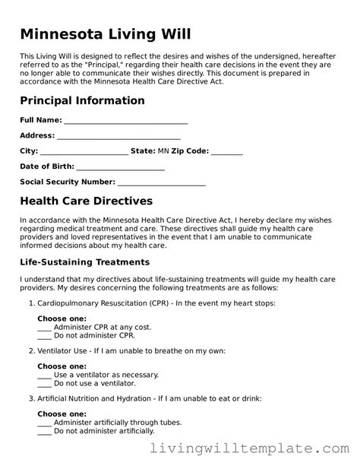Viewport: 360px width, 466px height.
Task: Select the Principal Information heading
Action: (x=82, y=100)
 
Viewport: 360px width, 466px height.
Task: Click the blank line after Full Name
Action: (x=126, y=121)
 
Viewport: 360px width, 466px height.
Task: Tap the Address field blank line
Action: (x=118, y=136)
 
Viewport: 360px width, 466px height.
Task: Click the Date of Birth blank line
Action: (x=121, y=166)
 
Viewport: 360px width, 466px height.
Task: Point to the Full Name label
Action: (x=40, y=121)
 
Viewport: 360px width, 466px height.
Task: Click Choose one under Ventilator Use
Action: (x=62, y=366)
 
